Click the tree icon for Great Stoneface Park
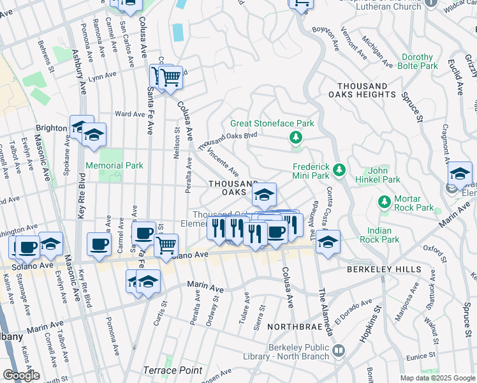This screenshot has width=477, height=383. coord(295,137)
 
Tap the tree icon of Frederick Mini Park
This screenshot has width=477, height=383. coord(340,169)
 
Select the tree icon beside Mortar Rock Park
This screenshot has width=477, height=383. coord(384,202)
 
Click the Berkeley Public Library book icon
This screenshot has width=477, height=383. coord(339,350)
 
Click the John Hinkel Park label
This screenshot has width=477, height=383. coord(378,175)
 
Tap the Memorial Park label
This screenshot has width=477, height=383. coord(115,165)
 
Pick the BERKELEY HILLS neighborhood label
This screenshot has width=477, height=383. coord(382,270)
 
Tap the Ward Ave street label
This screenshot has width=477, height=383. coord(129,114)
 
